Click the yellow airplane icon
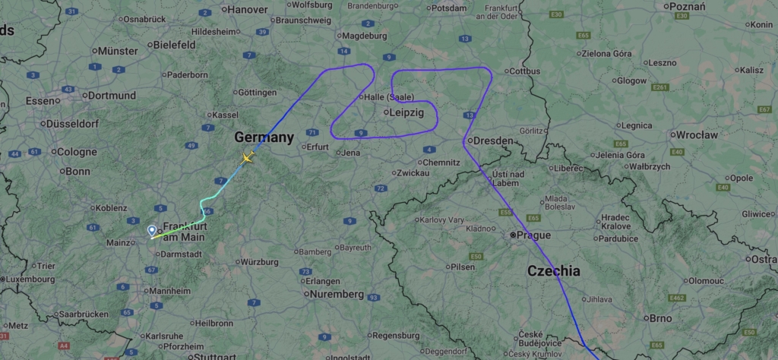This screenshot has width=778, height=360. [247, 158]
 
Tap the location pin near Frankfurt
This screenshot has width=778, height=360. [152, 229]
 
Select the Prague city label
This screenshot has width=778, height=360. [533, 235]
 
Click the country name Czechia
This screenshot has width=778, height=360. [554, 270]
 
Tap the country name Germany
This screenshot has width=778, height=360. [264, 137]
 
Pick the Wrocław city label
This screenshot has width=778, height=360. [696, 134]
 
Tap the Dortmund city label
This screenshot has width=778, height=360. [111, 96]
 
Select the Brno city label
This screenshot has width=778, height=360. [657, 319]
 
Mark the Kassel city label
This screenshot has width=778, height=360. [224, 115]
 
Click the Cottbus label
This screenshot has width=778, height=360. [524, 71]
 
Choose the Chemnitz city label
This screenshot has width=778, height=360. [441, 163]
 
